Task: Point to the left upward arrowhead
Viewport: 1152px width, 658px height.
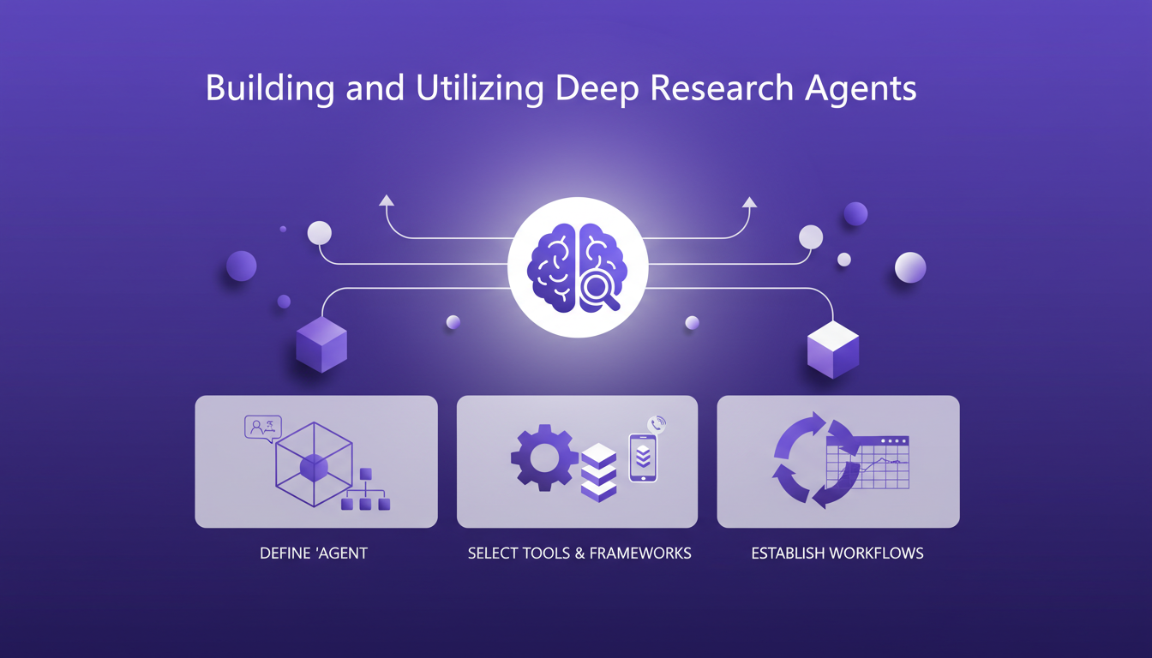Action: (387, 200)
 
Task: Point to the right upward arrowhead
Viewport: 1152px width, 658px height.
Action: (750, 202)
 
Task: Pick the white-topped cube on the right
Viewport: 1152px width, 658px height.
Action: (833, 349)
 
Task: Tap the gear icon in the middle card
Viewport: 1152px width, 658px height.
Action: (543, 458)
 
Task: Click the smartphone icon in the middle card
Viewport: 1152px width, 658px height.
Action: (643, 458)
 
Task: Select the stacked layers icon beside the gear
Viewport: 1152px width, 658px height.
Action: (598, 472)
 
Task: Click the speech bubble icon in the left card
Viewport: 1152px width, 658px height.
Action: (263, 428)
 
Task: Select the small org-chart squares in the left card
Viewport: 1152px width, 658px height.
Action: (365, 493)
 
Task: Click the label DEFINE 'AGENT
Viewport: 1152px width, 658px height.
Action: (314, 553)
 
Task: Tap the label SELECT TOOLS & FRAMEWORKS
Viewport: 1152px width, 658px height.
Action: (579, 553)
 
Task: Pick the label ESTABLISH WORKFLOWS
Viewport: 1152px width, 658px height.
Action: (837, 553)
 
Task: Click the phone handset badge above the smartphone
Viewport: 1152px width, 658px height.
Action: (657, 424)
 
